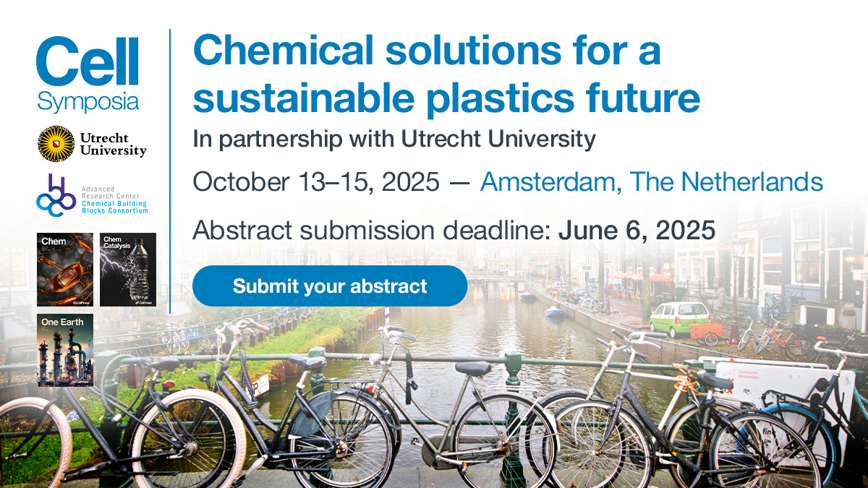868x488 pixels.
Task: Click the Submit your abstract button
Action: point(330,286)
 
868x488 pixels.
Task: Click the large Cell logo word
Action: point(87,61)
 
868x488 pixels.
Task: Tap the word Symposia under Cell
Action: point(88,102)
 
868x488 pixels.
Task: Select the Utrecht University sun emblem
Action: point(56,143)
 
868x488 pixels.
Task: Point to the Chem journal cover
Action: point(65,269)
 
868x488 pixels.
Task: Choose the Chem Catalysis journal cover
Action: point(128,269)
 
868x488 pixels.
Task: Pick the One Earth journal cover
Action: point(65,350)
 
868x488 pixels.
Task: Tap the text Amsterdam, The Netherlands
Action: point(651,181)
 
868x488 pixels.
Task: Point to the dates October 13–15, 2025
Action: point(315,181)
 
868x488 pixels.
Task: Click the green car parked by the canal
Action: point(679,319)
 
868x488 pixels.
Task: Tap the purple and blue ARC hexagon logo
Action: point(56,194)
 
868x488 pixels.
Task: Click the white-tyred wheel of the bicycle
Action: point(188,442)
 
